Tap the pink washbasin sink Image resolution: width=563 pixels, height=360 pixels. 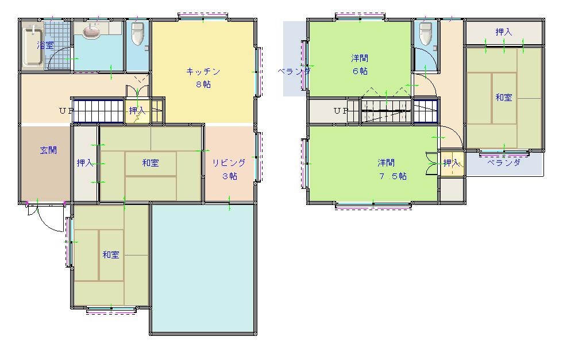point(93,31)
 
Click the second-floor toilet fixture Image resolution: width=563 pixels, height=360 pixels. point(426,34)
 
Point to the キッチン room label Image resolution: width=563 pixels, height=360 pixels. point(203,71)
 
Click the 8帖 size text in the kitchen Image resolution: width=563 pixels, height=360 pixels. point(203,85)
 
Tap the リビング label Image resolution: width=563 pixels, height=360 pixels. point(229,163)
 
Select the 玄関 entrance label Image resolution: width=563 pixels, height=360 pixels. point(48,150)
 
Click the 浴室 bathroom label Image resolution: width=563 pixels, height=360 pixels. point(45,45)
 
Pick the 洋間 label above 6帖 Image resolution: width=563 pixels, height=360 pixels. point(360,58)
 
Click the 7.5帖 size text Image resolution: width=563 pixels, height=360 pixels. point(393,176)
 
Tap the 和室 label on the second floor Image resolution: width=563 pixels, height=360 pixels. point(504,97)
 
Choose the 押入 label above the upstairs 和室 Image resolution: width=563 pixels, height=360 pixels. point(504,32)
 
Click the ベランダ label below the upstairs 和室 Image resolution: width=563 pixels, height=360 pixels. point(504,163)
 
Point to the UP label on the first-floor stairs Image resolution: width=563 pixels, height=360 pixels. point(67,111)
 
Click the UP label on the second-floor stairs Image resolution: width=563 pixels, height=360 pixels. point(341,111)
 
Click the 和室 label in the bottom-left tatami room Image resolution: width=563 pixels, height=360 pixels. point(111,255)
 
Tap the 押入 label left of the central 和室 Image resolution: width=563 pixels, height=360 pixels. point(85,163)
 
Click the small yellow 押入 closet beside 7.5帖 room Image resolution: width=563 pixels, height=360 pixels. point(452,163)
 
